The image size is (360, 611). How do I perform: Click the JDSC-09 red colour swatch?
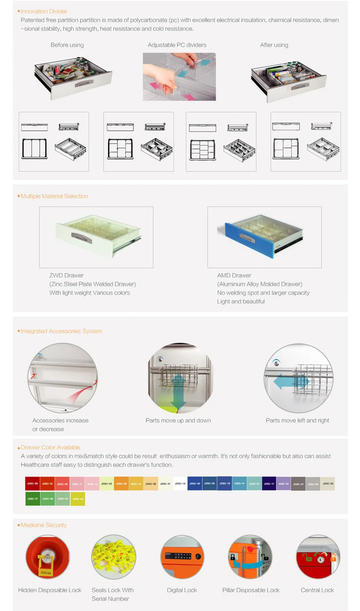33,483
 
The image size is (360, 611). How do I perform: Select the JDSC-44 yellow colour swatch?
78,499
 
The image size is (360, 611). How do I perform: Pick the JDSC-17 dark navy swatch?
269,483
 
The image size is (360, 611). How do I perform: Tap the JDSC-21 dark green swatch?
33,499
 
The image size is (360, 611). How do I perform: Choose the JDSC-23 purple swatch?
284,483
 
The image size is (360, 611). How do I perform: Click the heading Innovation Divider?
44,11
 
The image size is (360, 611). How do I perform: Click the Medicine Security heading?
43,525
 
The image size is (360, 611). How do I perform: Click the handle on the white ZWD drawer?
82,238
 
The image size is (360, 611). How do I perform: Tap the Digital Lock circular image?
182,557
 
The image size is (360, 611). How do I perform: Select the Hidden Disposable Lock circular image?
48,557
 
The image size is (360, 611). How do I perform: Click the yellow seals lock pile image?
114,557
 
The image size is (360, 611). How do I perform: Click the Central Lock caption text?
317,590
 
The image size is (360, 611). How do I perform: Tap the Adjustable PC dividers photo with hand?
179,77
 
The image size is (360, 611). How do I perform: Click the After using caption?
274,45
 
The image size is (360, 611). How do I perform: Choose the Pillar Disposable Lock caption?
251,590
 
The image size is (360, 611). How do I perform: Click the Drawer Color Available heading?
50,447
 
